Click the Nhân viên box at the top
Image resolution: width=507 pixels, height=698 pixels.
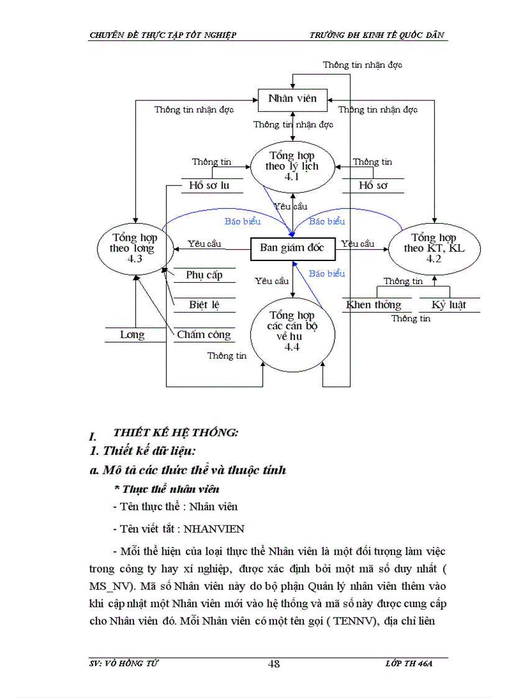pyautogui.click(x=292, y=98)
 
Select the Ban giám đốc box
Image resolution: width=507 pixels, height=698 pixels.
pyautogui.click(x=292, y=247)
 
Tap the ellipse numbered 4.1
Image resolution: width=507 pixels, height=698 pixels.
pyautogui.click(x=292, y=165)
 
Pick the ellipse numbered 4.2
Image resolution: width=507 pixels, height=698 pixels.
pyautogui.click(x=434, y=247)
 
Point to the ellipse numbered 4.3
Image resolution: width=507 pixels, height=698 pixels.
pyautogui.click(x=134, y=247)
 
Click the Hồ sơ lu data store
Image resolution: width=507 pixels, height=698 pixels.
pyautogui.click(x=209, y=185)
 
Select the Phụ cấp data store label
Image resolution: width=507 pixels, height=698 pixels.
pyautogui.click(x=204, y=275)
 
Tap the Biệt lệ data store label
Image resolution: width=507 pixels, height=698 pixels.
pyautogui.click(x=204, y=305)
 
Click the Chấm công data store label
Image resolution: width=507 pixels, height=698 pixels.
pyautogui.click(x=204, y=334)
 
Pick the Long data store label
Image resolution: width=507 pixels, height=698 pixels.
pyautogui.click(x=132, y=334)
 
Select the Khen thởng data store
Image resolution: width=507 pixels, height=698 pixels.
pyautogui.click(x=373, y=305)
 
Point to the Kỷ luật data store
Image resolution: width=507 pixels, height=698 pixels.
pyautogui.click(x=449, y=305)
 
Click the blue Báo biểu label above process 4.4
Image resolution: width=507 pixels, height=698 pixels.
pyautogui.click(x=327, y=273)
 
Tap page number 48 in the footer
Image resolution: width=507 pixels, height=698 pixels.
pyautogui.click(x=273, y=664)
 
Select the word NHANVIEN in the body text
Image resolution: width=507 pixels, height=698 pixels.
pyautogui.click(x=214, y=529)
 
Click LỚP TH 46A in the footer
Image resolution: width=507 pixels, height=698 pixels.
pyautogui.click(x=408, y=664)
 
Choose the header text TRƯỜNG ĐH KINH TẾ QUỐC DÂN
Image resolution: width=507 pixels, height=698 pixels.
pyautogui.click(x=378, y=35)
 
